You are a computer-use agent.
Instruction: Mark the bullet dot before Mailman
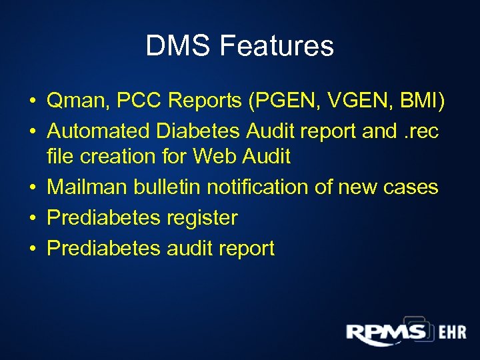click(x=32, y=188)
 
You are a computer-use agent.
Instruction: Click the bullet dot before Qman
click(x=32, y=101)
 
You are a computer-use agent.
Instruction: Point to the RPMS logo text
click(x=385, y=333)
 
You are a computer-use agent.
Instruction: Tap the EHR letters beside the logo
click(x=452, y=332)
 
